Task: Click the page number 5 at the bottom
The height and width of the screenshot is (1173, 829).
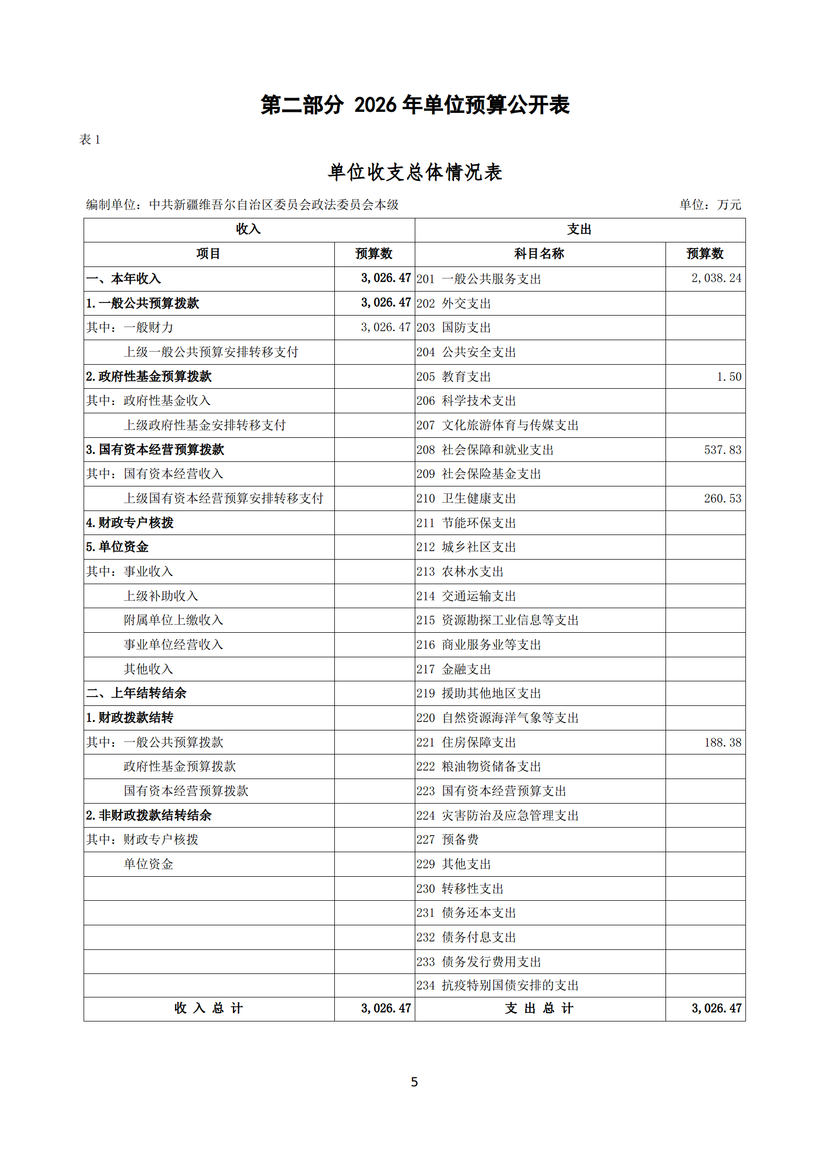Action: click(414, 1081)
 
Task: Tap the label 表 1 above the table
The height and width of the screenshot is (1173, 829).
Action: click(89, 140)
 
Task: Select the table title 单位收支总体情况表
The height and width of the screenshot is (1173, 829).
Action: click(415, 172)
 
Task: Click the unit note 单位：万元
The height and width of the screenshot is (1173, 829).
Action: click(710, 204)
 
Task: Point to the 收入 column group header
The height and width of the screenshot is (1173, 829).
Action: click(249, 229)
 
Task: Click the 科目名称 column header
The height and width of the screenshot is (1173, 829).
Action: click(539, 254)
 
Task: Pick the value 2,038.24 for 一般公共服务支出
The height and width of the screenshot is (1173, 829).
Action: click(716, 278)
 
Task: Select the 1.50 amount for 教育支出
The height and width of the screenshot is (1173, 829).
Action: click(729, 377)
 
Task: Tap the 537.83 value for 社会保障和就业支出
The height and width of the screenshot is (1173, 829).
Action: click(722, 450)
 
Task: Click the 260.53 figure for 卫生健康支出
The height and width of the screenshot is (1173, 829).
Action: click(722, 498)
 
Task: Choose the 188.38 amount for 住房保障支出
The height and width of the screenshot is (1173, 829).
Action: click(722, 742)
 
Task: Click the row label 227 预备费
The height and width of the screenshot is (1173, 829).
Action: click(448, 840)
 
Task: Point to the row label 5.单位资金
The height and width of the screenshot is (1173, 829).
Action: click(118, 547)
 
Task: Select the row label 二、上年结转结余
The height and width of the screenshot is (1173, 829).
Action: click(136, 693)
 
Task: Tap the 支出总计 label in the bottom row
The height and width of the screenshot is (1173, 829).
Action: click(539, 1008)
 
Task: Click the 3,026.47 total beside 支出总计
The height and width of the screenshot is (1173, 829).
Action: click(716, 1008)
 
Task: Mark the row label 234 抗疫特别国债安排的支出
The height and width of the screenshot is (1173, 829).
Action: click(497, 985)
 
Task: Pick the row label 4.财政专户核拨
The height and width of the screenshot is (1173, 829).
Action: click(130, 522)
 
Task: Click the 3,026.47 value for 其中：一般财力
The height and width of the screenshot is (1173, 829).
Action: click(386, 328)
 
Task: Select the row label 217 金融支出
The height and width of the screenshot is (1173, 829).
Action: click(453, 669)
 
